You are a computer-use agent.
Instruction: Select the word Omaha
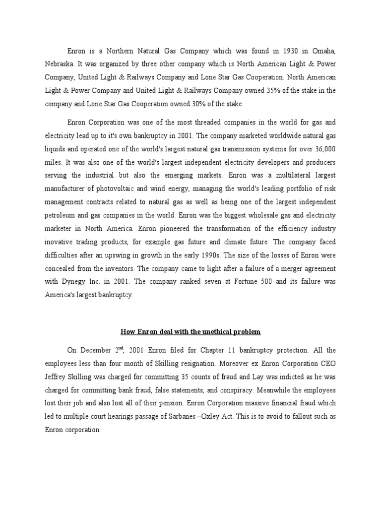[x=324, y=51]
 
